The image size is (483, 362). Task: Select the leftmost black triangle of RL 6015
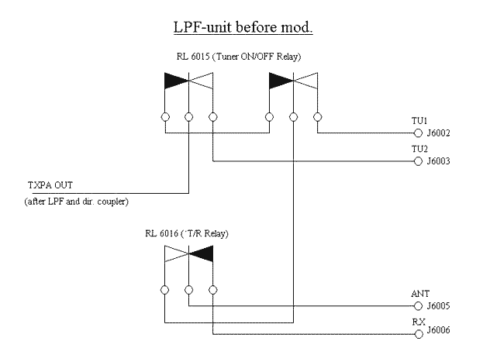[176, 80]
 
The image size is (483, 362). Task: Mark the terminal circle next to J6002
[419, 133]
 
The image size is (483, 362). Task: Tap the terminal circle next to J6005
[419, 306]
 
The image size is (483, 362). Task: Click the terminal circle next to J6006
[419, 335]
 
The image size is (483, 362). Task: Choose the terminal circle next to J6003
[419, 162]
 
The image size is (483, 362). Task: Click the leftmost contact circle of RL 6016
[165, 290]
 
